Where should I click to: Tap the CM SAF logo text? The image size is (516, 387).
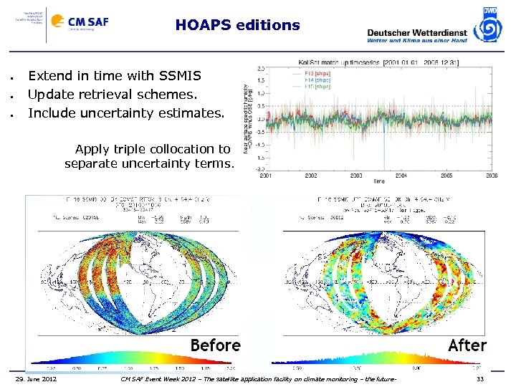point(89,22)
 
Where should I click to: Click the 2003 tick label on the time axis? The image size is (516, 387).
point(356,175)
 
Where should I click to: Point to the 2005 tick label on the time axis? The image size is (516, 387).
point(446,175)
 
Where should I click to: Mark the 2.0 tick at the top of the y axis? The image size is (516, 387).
point(262,68)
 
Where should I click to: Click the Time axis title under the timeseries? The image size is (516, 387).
point(379,181)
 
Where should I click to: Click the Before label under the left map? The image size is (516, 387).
point(215,345)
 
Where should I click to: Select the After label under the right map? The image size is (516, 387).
point(467,345)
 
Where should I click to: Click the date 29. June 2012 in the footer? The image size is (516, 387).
point(37,378)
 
